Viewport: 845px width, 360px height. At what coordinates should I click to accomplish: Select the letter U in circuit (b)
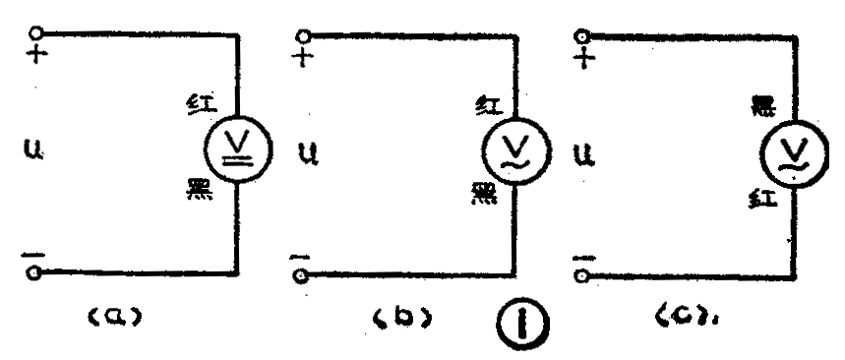(x=306, y=154)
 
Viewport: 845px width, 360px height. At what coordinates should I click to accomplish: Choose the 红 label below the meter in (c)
(x=759, y=203)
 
